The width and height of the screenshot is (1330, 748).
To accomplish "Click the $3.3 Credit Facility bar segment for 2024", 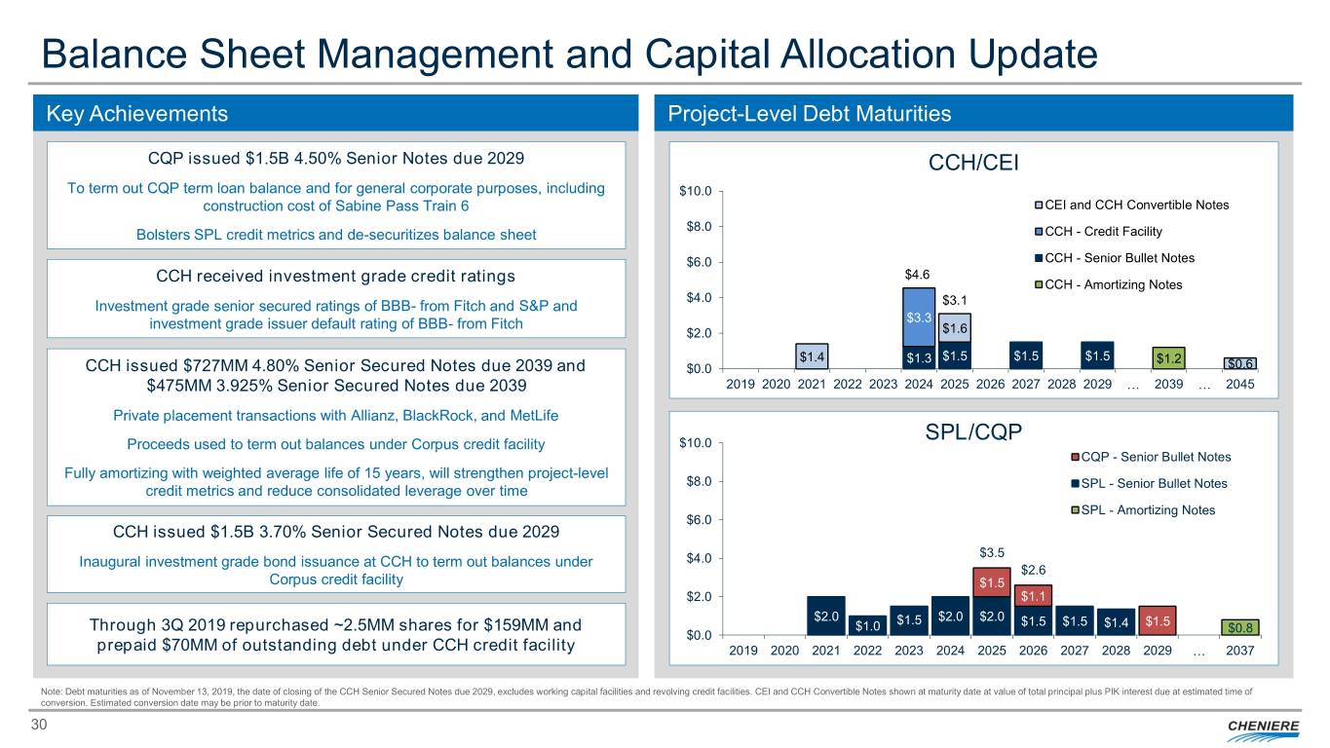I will (x=918, y=318).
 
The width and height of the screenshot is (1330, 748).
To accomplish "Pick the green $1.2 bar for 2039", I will (x=1168, y=357).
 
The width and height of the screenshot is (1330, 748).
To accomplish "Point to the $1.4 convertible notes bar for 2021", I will (x=812, y=356).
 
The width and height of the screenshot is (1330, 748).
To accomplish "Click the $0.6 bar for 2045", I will (x=1240, y=363).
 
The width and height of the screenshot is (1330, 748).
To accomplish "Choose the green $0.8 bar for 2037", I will (x=1239, y=626).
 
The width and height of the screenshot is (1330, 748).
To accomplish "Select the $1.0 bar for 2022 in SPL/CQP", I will (x=867, y=624).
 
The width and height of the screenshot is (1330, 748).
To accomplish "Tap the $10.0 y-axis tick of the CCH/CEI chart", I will (x=699, y=191).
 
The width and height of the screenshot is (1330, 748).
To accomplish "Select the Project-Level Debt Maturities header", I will (x=810, y=114).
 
